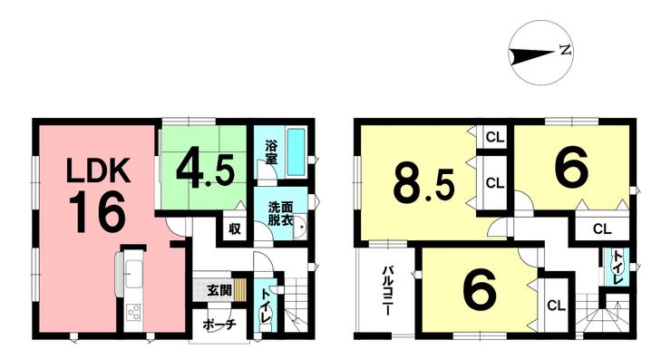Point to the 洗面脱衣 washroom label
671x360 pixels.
280,213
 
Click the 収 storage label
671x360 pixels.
234,229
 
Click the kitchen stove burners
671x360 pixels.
133,313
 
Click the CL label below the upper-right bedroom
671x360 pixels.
602,229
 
